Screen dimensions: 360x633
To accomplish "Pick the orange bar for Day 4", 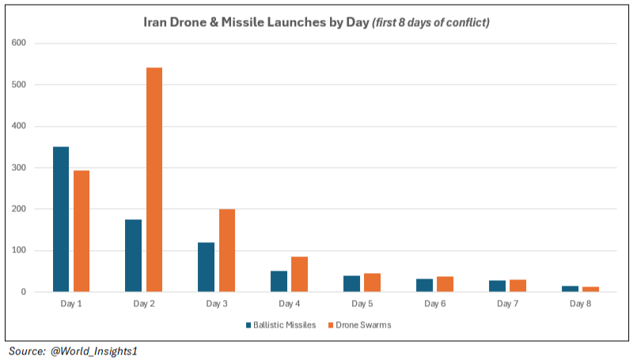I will point(300,275).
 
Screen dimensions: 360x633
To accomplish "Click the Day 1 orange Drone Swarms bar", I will point(81,231).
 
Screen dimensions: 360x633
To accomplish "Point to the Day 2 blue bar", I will point(134,256).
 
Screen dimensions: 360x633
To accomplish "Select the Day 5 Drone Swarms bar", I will point(372,282).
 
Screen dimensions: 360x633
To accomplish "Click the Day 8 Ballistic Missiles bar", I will point(570,289).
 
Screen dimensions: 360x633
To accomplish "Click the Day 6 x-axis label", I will point(434,303).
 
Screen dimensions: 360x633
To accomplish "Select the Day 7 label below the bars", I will point(507,303).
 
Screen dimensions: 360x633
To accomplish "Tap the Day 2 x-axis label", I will point(143,303).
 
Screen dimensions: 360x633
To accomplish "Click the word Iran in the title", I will point(155,21).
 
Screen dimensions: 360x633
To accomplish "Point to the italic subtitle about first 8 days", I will point(431,21).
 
